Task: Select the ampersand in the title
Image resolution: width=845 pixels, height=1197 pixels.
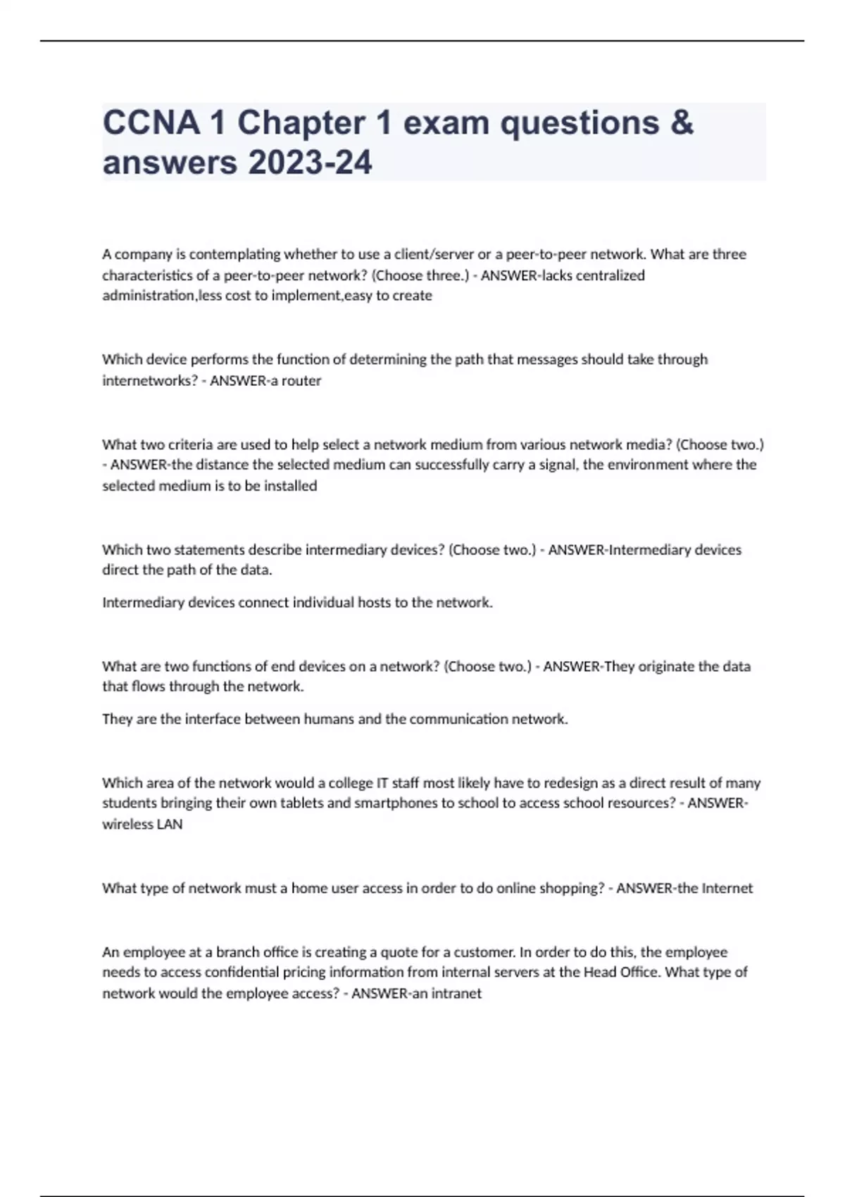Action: coord(682,123)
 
